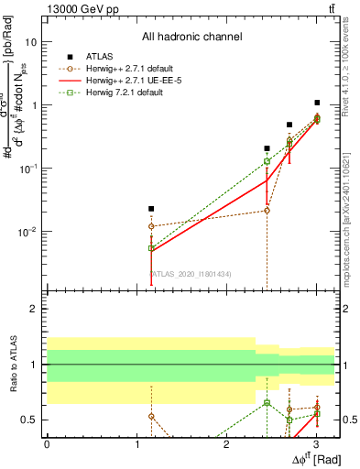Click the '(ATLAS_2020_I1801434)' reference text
(191, 274)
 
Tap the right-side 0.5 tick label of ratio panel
(348, 420)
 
